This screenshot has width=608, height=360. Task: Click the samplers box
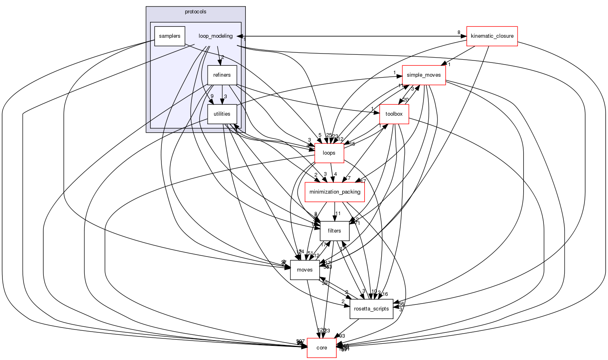170,36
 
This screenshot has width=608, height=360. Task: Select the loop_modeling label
215,36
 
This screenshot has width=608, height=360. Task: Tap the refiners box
222,75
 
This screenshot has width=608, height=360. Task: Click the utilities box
222,114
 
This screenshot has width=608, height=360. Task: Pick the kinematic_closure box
492,36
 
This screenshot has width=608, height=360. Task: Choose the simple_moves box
424,75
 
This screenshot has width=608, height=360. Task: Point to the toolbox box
394,114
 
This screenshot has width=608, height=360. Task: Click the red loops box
329,153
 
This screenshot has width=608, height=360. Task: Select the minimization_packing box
335,192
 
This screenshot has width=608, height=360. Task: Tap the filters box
335,231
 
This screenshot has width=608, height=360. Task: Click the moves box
305,270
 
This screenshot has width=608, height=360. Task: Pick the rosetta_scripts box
371,309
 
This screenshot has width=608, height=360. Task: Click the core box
322,348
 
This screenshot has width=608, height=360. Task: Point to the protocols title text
196,12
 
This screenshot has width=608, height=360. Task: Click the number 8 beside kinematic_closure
459,32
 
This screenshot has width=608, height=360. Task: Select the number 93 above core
342,336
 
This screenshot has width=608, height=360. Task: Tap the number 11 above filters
338,213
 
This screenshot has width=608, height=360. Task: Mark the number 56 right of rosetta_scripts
401,304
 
